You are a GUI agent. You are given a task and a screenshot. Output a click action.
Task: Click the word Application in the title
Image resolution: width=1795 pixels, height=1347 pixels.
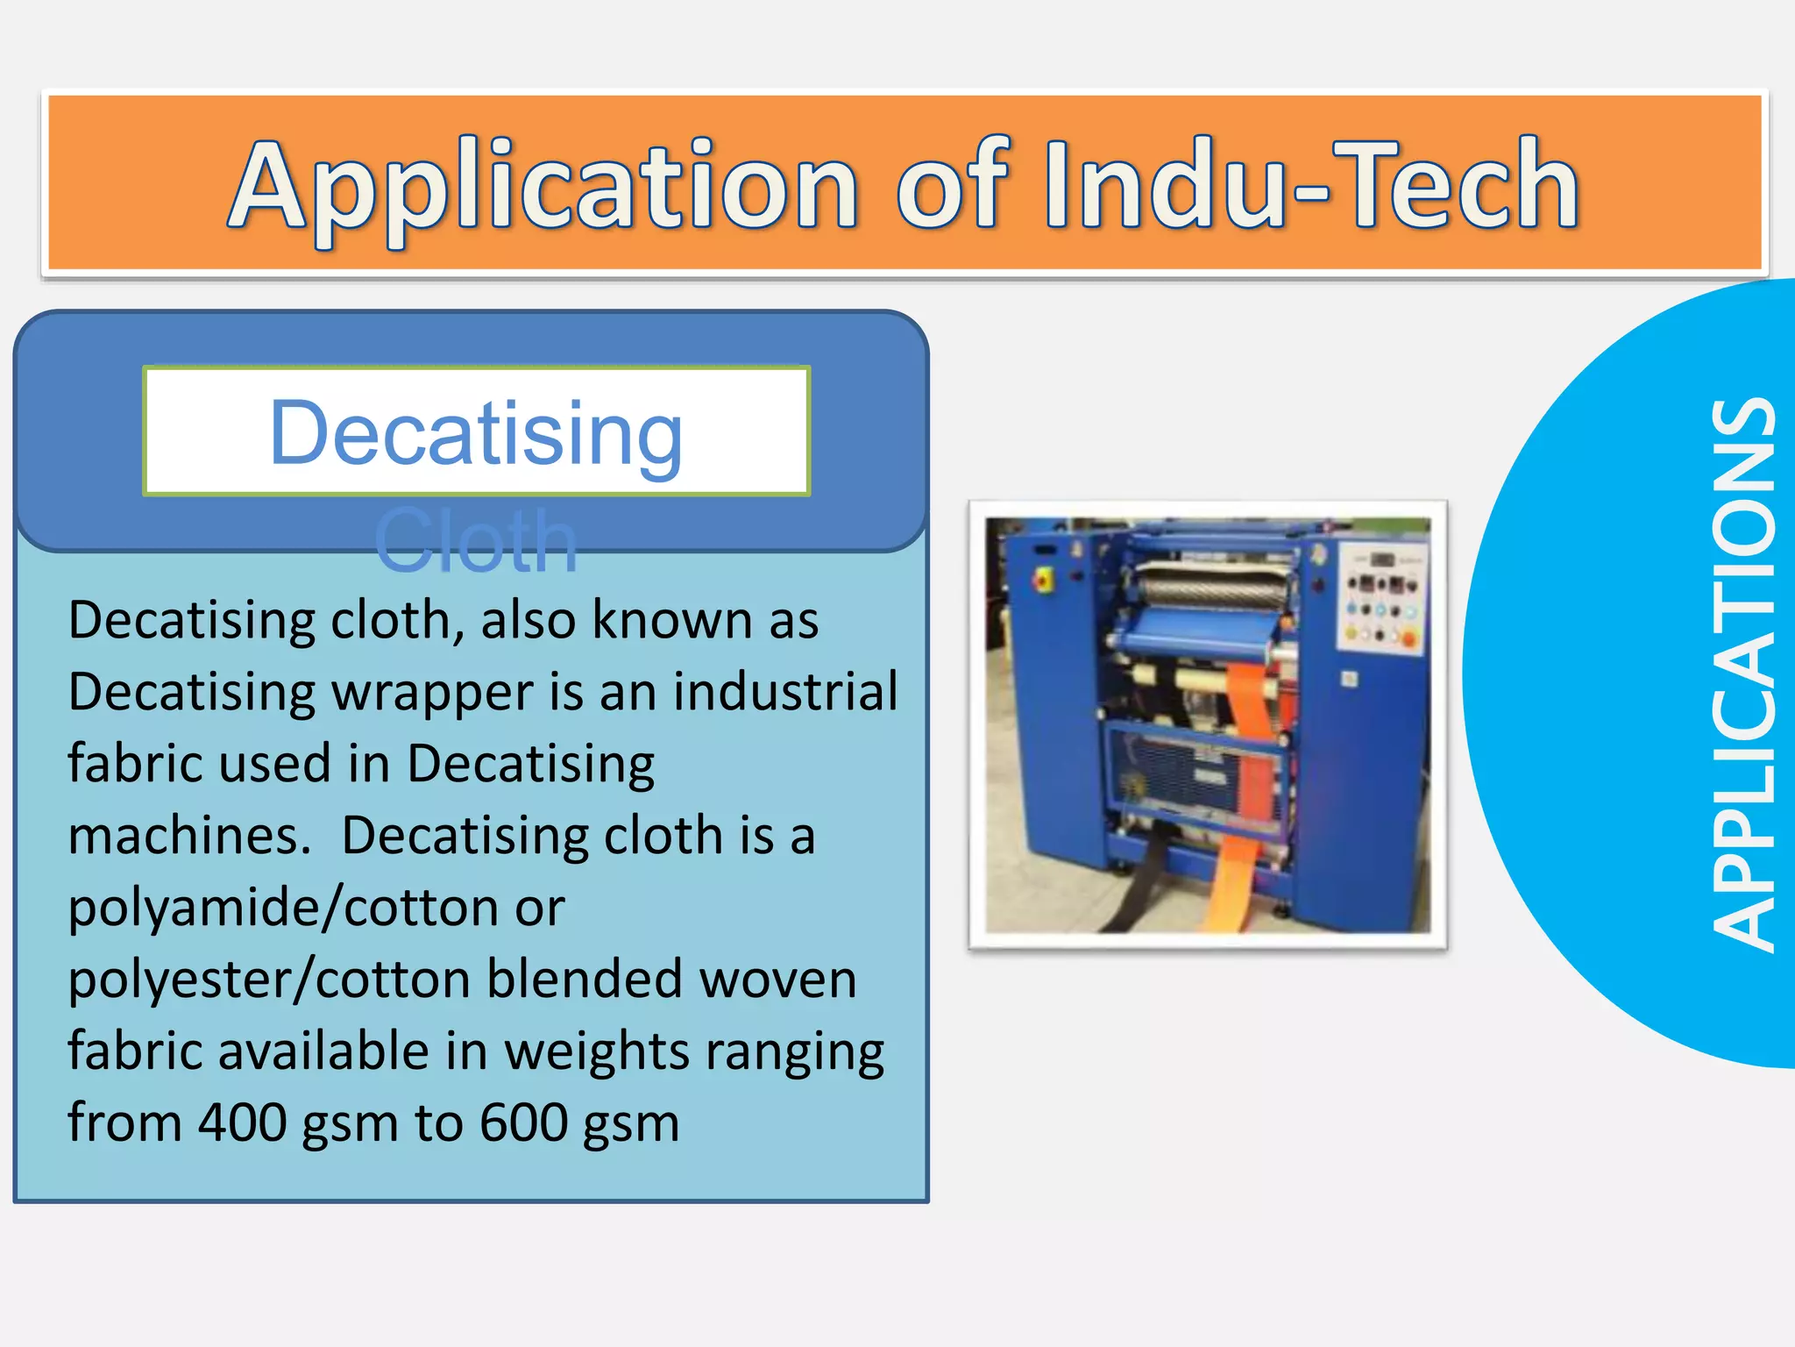point(543,187)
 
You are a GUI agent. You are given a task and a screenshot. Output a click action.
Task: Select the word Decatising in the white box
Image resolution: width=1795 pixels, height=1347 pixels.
point(476,432)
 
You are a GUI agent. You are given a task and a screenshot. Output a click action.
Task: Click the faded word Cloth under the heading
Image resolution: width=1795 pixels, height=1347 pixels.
point(476,542)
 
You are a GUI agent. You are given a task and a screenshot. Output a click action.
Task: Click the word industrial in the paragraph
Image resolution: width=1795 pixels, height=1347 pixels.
point(784,691)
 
